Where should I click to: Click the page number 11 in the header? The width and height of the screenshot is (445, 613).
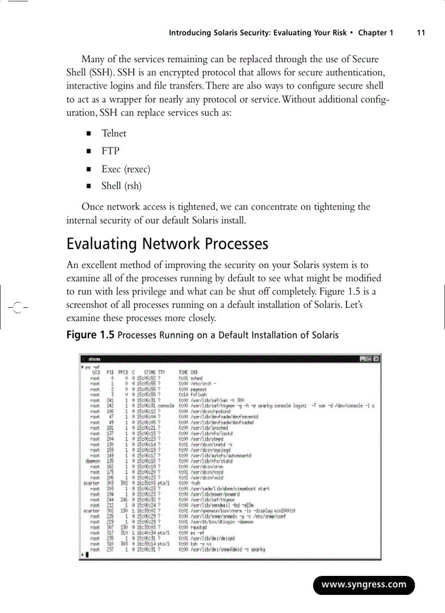click(420, 33)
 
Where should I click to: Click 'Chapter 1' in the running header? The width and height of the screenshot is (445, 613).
click(375, 33)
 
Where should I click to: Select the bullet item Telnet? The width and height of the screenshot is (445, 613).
click(113, 133)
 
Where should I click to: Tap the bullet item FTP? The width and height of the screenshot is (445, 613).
click(110, 151)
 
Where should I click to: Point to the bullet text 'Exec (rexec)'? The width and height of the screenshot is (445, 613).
click(125, 169)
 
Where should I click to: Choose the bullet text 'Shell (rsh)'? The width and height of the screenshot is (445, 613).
click(121, 186)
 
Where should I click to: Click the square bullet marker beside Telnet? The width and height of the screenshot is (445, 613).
click(87, 134)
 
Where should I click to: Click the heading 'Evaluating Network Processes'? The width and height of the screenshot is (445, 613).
click(167, 243)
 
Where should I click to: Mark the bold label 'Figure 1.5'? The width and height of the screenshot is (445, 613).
click(90, 335)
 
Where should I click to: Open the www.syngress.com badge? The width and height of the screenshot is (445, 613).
click(364, 585)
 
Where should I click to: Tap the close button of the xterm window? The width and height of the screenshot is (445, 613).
click(376, 359)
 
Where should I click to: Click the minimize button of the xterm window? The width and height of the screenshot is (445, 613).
click(363, 359)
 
